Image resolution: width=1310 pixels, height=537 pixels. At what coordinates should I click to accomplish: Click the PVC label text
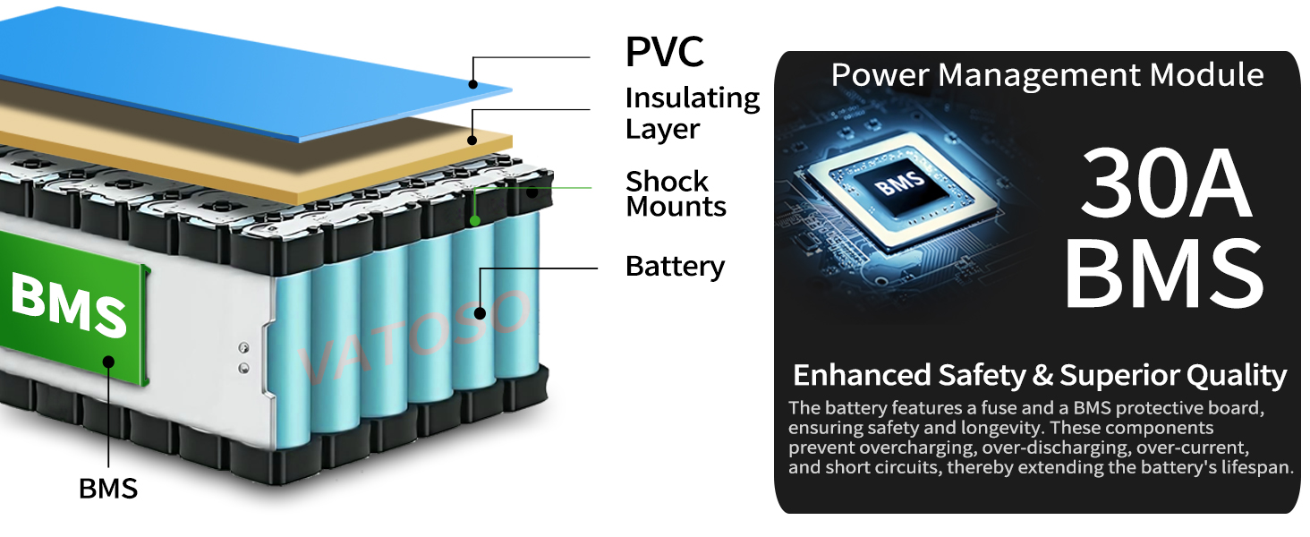pos(664,52)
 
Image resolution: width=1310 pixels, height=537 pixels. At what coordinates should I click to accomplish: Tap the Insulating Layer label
pos(692,113)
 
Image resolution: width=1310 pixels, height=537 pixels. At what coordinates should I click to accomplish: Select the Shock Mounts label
pos(676,193)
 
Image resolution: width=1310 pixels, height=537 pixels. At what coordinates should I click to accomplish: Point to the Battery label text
pos(675,267)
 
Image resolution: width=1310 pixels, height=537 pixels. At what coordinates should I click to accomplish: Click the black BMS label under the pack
pos(108,489)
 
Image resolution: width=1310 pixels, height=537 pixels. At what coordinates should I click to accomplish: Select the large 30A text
pos(1164,186)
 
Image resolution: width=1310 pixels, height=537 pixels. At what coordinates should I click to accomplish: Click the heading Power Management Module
pos(1047,75)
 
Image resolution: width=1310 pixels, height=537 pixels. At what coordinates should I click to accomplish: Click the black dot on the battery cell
pos(481,313)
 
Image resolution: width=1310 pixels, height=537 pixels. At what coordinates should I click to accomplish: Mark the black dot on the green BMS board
pos(108,362)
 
